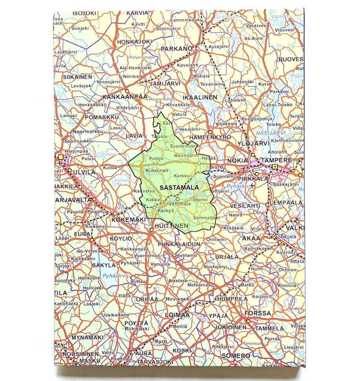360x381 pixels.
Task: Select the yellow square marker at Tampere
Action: coord(275,167)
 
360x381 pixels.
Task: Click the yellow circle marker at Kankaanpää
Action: coord(127,91)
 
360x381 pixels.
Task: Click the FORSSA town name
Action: coord(257,313)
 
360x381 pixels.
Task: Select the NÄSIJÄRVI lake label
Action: coord(270,133)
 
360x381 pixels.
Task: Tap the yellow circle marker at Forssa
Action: coord(248,321)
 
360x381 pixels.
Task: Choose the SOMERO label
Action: coord(236,355)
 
